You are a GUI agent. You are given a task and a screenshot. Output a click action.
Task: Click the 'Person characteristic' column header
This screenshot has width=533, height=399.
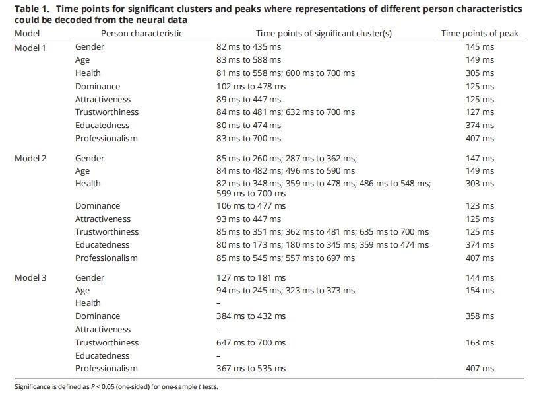pos(142,33)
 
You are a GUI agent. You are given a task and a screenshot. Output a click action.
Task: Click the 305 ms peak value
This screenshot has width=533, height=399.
pos(479,73)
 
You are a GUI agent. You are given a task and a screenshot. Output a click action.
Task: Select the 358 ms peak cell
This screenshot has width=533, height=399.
pos(479,316)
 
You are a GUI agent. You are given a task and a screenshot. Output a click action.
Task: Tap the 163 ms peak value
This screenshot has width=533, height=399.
pos(479,343)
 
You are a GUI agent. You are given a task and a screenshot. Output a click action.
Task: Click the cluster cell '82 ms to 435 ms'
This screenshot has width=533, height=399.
pos(251,47)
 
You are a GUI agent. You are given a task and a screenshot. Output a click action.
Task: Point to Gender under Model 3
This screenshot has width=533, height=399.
pos(90,277)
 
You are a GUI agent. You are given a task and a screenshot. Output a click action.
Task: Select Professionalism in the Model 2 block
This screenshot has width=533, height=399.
pos(106,258)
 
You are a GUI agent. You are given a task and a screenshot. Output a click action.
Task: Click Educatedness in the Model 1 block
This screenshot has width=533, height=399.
pos(102,126)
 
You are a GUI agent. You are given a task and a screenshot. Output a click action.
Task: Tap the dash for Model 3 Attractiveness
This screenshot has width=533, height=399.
pos(219,330)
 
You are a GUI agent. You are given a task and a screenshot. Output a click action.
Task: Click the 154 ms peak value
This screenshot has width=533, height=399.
pos(479,291)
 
